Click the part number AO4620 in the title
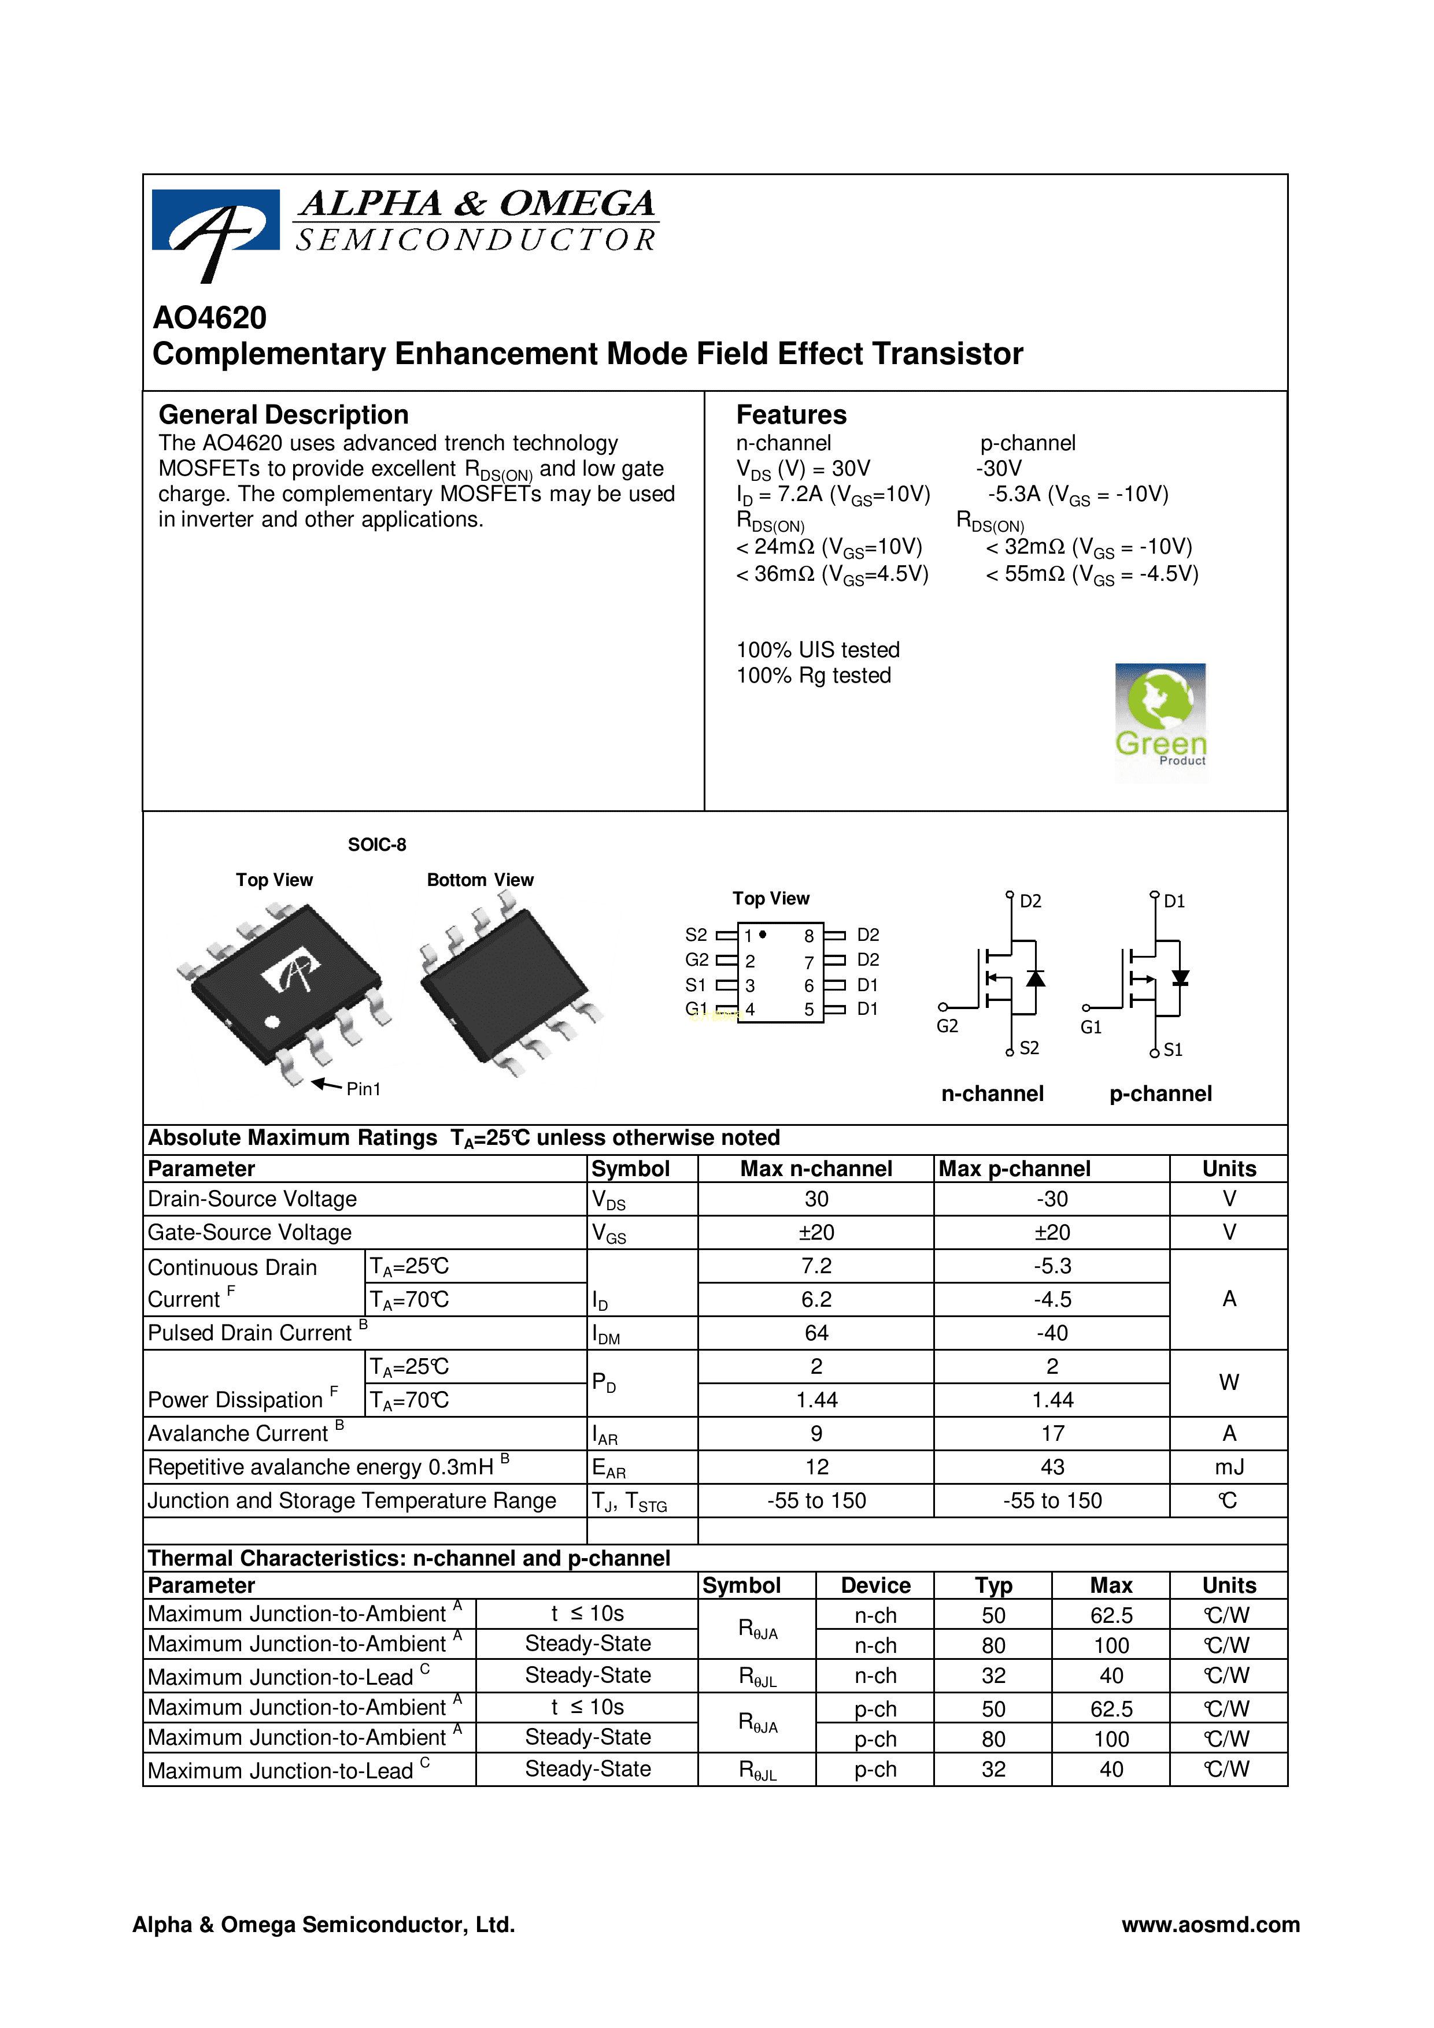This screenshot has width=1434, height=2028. pos(209,317)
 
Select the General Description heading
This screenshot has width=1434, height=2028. pos(283,414)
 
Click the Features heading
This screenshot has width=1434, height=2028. pos(791,414)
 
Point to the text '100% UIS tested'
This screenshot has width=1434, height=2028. pos(818,650)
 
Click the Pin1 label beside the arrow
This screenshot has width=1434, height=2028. pos(363,1089)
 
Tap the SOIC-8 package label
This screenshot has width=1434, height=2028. pos(377,844)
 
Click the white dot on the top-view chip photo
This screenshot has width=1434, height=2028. pos(272,1022)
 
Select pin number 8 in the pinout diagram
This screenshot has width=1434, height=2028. pos(808,935)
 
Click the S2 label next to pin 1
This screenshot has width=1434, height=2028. pos(696,935)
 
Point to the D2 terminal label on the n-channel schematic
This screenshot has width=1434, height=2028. pos(1030,901)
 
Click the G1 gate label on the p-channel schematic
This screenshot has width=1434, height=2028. pos(1091,1027)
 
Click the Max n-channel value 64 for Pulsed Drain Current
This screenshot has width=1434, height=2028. pos(816,1333)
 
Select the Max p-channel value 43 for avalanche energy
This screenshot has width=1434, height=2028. pos(1052,1467)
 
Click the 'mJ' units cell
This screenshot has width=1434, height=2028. pos(1229,1467)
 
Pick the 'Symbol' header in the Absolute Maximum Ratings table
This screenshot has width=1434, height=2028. pos(631,1169)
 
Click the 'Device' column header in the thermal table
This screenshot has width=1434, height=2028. pos(875,1585)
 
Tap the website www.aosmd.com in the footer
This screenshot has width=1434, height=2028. pos(1210,1925)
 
